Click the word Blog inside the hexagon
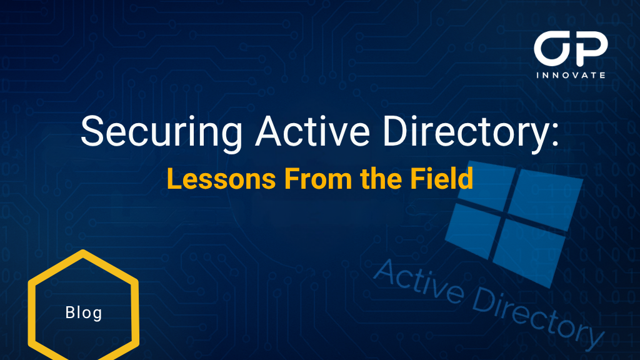(83, 312)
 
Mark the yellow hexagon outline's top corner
(83, 252)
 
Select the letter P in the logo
(590, 49)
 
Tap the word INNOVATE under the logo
(571, 75)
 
